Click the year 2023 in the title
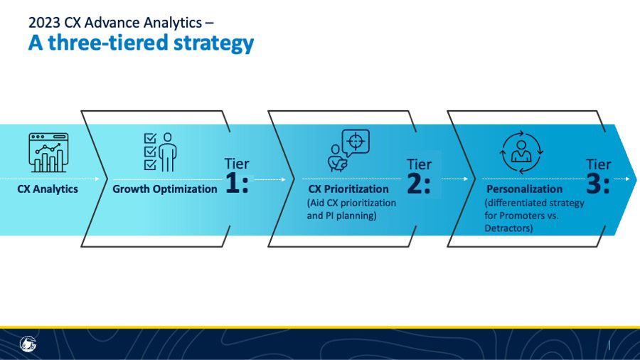coord(45,23)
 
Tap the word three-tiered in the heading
coord(108,43)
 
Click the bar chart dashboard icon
coord(48,152)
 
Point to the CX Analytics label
coord(48,189)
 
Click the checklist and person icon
coord(161,152)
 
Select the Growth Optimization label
coord(165,189)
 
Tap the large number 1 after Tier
coord(233,183)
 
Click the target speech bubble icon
coord(348,150)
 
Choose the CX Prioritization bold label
coord(348,189)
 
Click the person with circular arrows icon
coord(521,152)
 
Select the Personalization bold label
coord(525,189)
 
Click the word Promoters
coord(522,216)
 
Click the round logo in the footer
coord(28,344)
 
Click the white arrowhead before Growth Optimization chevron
coord(97,179)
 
